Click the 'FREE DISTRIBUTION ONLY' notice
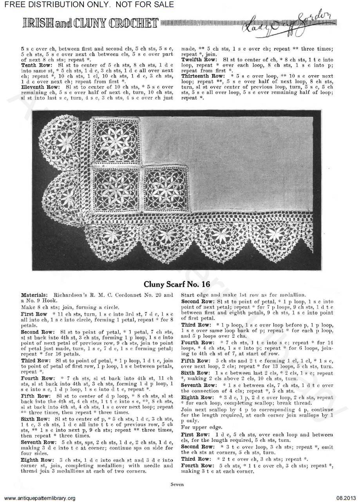[87, 4]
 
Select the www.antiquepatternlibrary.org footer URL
[38, 498]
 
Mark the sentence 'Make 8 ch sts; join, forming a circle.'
[62, 308]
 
